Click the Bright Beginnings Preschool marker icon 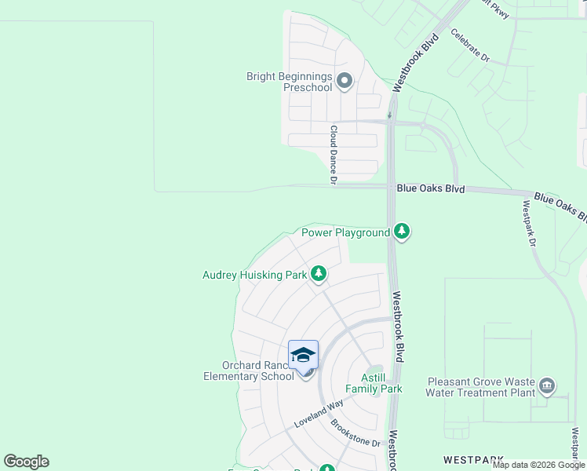[344, 81]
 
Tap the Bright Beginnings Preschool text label [290, 82]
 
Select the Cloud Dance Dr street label [334, 155]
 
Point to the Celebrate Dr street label [470, 46]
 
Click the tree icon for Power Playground [402, 232]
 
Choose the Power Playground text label [345, 232]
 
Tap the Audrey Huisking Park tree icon [319, 274]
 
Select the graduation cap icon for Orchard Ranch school [303, 356]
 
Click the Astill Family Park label [374, 383]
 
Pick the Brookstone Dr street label [355, 433]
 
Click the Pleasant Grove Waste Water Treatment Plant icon [548, 386]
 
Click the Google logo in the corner [26, 462]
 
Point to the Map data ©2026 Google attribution [538, 465]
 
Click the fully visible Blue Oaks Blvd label [431, 188]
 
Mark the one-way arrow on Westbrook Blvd [389, 115]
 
